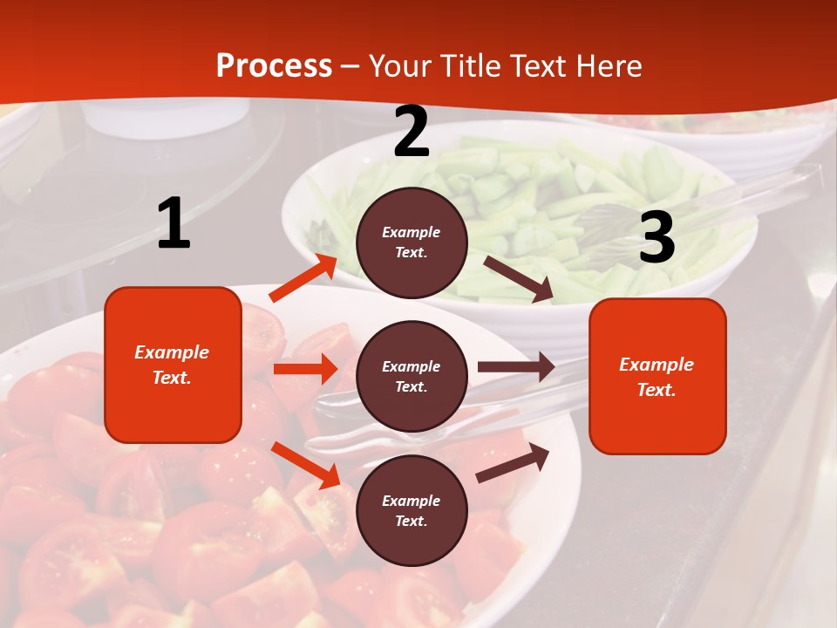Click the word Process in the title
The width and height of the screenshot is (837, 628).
click(274, 66)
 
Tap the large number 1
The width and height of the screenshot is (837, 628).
click(174, 224)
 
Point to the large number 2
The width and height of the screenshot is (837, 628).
click(412, 132)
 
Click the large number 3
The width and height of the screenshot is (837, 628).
click(657, 238)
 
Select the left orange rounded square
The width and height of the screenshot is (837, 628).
click(173, 365)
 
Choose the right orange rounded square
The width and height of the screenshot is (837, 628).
click(657, 376)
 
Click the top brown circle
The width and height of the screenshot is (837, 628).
click(412, 242)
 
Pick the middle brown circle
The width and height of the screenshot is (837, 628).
click(412, 376)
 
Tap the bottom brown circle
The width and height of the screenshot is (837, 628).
click(412, 510)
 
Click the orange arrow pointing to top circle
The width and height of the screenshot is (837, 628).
click(303, 278)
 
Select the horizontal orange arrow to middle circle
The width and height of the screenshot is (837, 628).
click(305, 369)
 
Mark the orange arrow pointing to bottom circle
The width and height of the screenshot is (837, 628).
click(306, 464)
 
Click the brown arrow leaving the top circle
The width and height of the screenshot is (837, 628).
click(518, 278)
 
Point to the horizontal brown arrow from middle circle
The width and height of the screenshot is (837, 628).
click(515, 367)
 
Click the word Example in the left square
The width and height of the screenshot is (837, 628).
click(172, 352)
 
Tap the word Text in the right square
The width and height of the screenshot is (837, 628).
click(657, 390)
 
